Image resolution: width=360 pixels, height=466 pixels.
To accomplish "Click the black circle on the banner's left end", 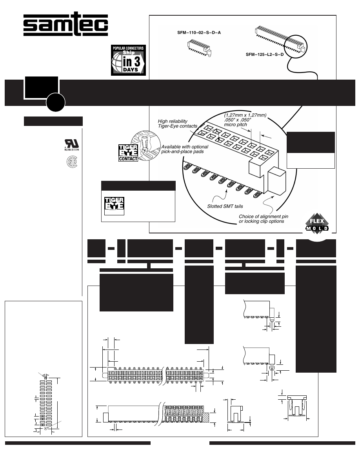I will [x=55, y=101].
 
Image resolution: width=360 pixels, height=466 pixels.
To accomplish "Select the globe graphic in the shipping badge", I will [x=118, y=62].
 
